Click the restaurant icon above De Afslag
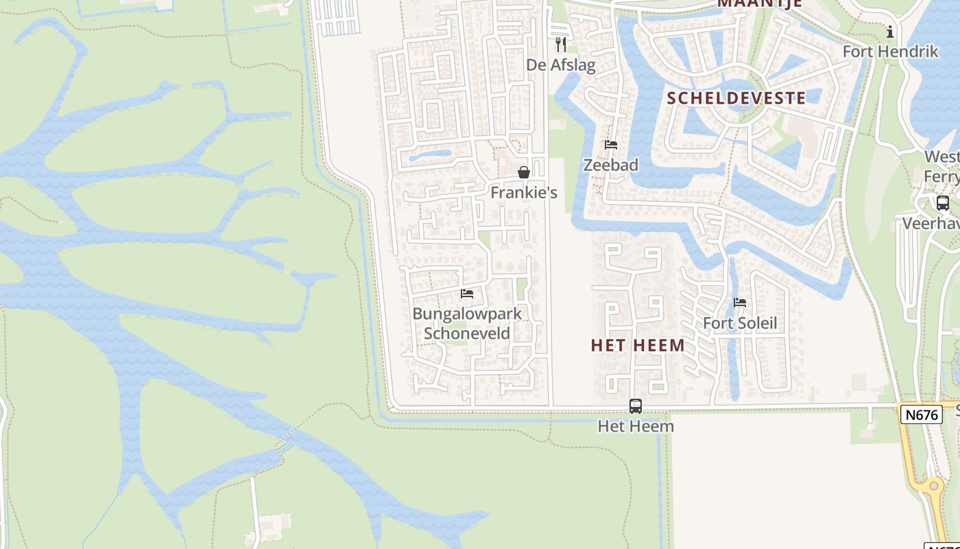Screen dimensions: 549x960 (x=561, y=45)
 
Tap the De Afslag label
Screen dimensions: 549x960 (x=561, y=65)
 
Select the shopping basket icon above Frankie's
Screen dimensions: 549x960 (x=524, y=172)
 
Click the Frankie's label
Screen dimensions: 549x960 (x=524, y=193)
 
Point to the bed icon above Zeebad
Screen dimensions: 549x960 (x=611, y=145)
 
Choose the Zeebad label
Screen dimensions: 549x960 (x=611, y=165)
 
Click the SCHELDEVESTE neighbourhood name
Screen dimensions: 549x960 (x=736, y=97)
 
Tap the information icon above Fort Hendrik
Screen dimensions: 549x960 (x=890, y=32)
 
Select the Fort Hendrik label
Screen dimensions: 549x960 (x=890, y=51)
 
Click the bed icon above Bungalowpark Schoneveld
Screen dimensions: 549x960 (x=467, y=294)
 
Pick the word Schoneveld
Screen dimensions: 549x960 (x=467, y=334)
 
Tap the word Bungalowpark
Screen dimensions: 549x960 (x=467, y=314)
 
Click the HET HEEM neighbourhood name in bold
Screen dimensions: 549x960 (x=638, y=345)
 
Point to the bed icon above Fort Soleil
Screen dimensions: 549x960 (x=740, y=303)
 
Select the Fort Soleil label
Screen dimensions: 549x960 (x=740, y=323)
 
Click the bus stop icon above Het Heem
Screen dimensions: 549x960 (x=636, y=406)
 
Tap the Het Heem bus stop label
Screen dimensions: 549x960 (x=636, y=426)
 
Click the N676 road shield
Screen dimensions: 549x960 (x=922, y=414)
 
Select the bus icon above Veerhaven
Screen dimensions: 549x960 (x=943, y=203)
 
